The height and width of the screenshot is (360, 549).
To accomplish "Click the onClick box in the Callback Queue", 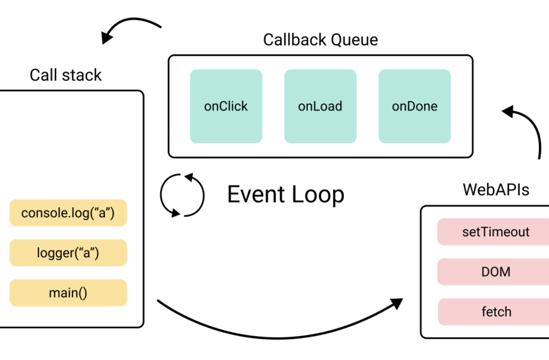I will [226, 106].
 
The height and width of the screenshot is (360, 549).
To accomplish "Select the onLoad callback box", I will [320, 106].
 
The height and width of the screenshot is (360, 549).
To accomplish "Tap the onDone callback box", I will [415, 106].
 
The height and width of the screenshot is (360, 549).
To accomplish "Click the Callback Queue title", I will [321, 40].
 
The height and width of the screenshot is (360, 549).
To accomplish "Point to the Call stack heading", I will [66, 75].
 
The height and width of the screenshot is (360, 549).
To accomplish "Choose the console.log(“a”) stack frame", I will [68, 213].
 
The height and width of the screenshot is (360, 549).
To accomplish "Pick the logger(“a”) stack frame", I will [68, 253].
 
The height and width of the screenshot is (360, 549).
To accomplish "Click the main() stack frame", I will [68, 293].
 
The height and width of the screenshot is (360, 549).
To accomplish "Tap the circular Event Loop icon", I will [182, 195].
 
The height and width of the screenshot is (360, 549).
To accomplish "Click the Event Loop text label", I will [286, 195].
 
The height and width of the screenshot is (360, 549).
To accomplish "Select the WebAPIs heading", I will [495, 189].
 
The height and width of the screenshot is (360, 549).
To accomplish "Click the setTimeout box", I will [495, 232].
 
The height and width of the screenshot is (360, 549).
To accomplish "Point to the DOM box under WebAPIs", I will [495, 272].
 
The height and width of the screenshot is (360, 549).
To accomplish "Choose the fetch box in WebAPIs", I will [495, 312].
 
